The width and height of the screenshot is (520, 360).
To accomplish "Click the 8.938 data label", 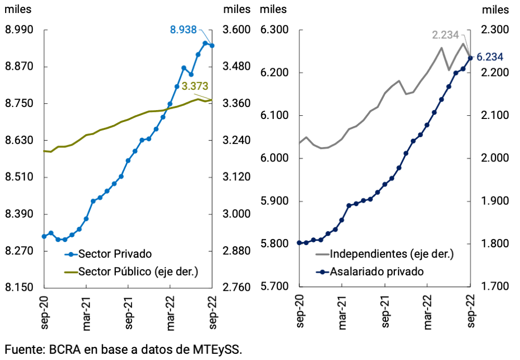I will point(183,30).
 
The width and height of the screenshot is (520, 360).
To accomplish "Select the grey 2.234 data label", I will point(445,35).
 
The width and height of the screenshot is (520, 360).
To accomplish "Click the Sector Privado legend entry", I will point(115,254).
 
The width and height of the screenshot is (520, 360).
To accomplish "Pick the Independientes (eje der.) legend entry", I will point(392,254).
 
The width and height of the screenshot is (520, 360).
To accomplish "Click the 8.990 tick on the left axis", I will point(19,30).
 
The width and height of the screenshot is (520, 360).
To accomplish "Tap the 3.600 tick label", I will point(236,30).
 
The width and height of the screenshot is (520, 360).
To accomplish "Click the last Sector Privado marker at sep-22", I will point(212,46).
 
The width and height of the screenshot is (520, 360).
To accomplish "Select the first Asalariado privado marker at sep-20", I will point(299,243).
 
